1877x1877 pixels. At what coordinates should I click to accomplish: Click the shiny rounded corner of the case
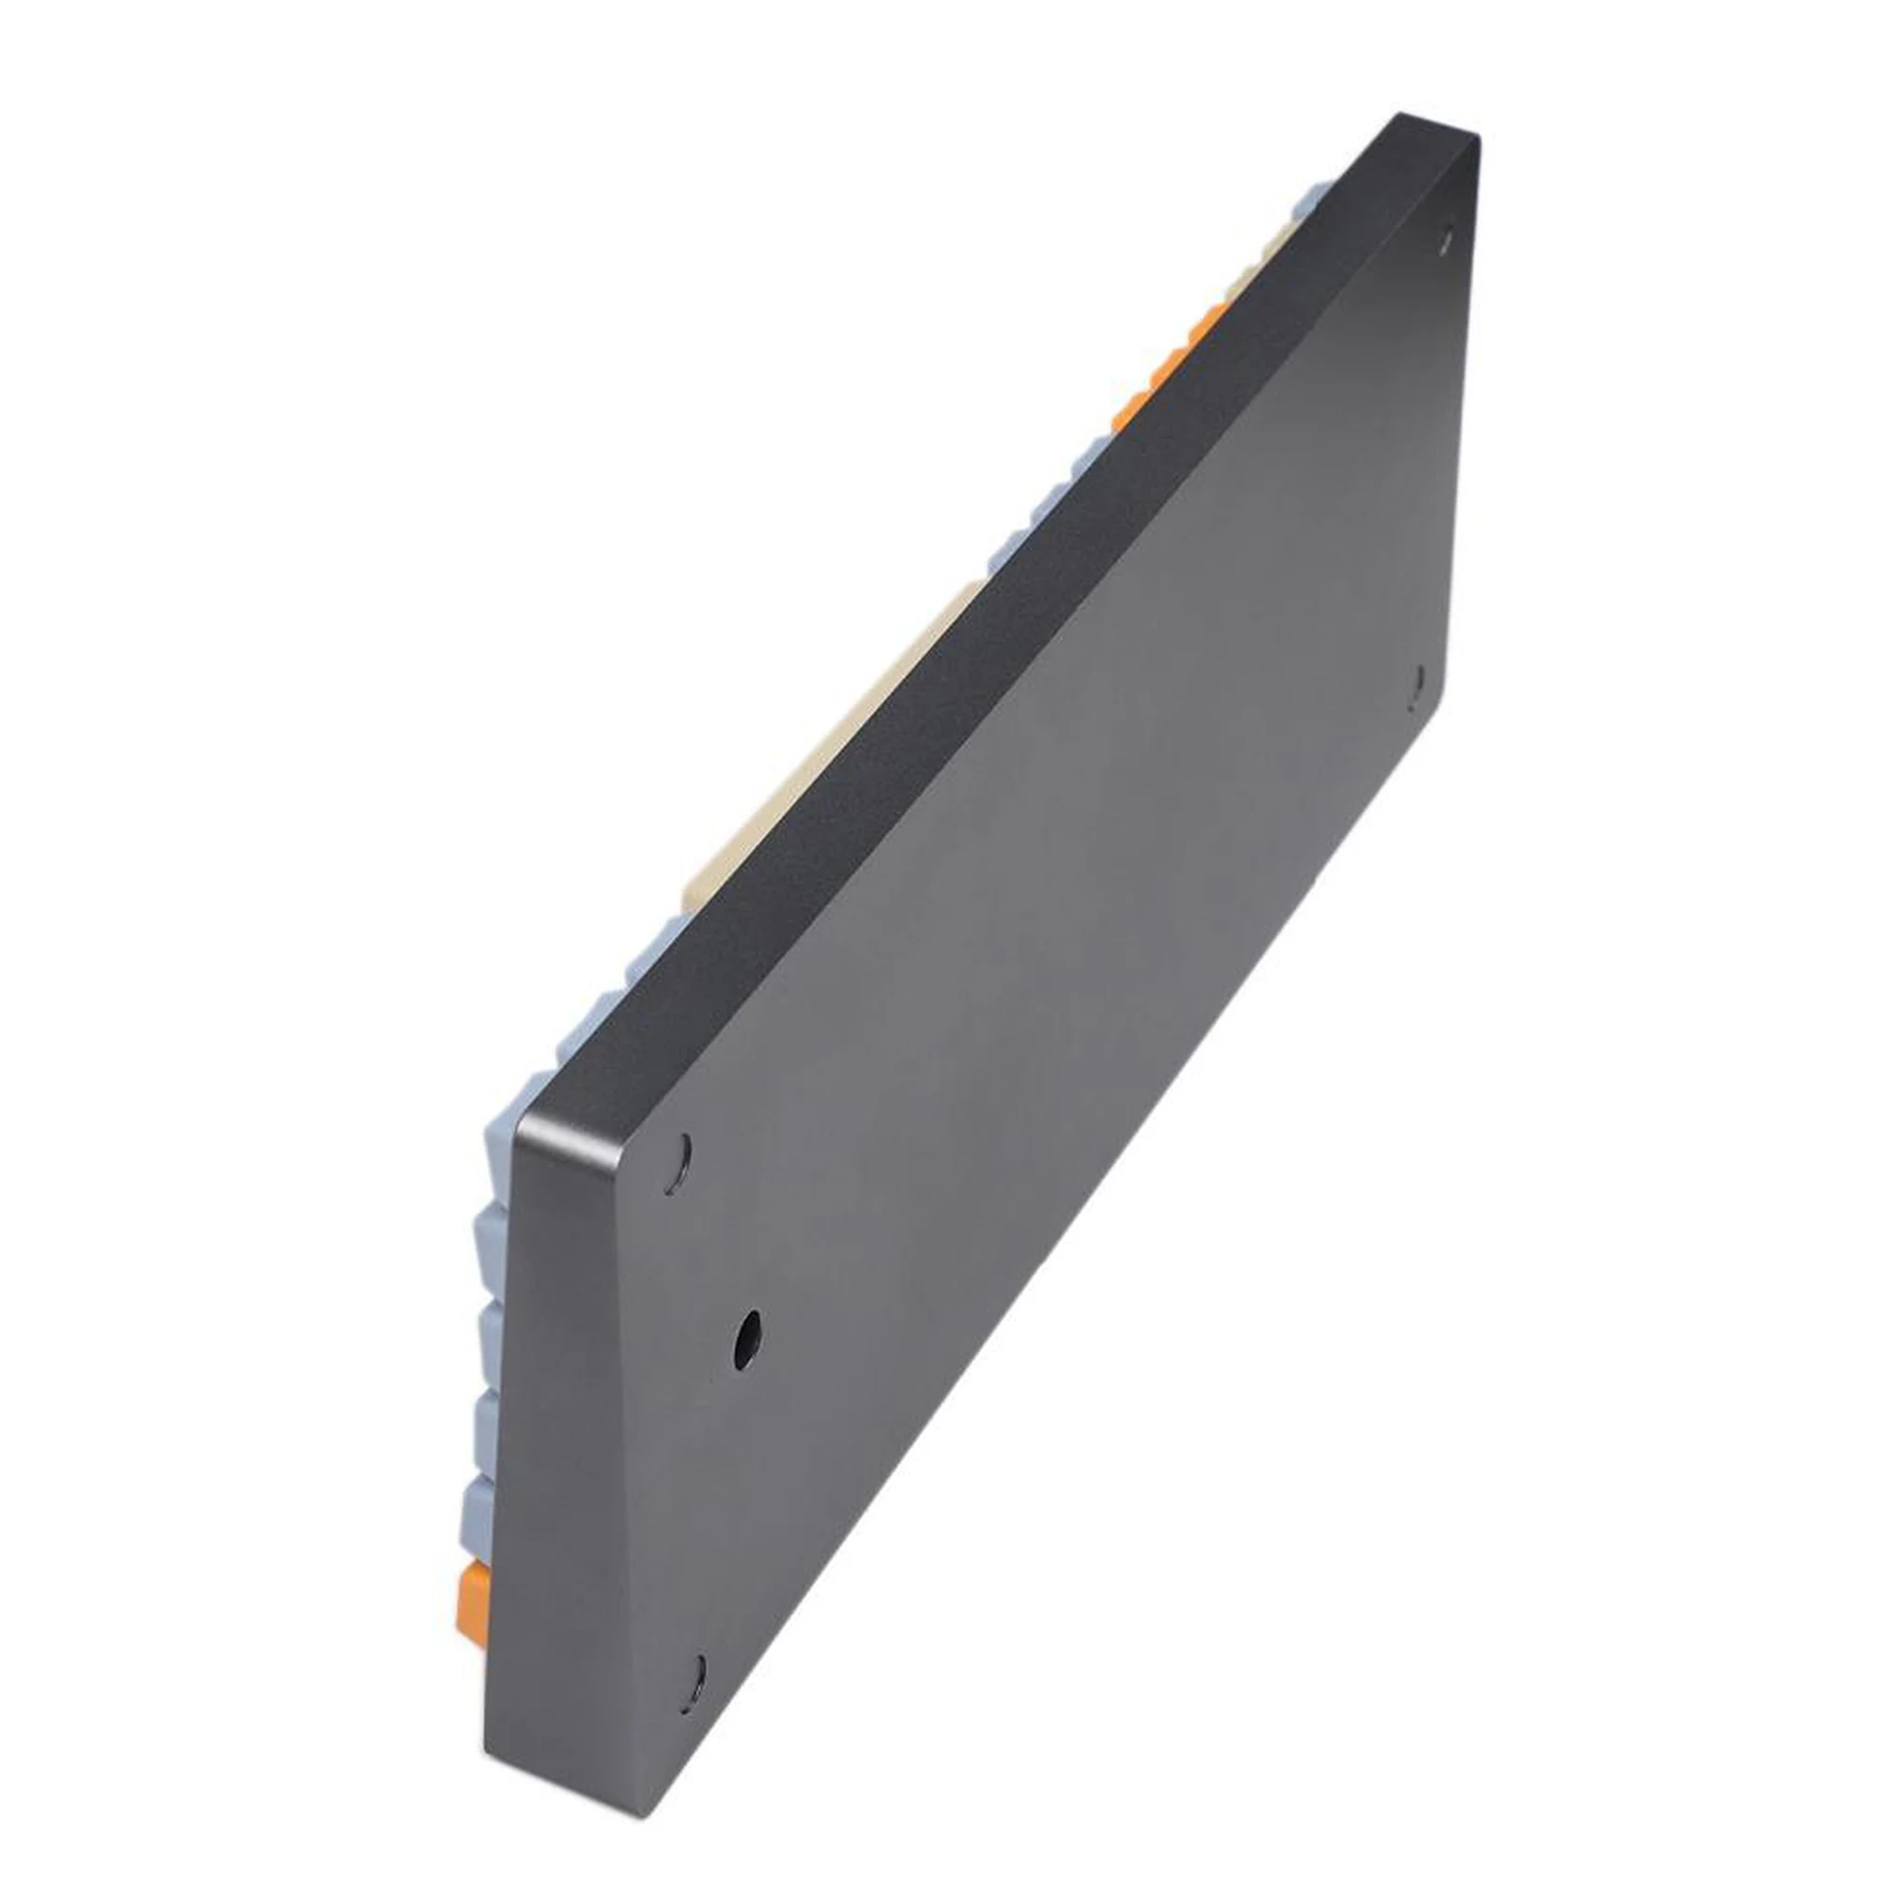tap(529, 1127)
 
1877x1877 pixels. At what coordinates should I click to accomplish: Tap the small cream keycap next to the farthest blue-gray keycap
tap(1273, 243)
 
